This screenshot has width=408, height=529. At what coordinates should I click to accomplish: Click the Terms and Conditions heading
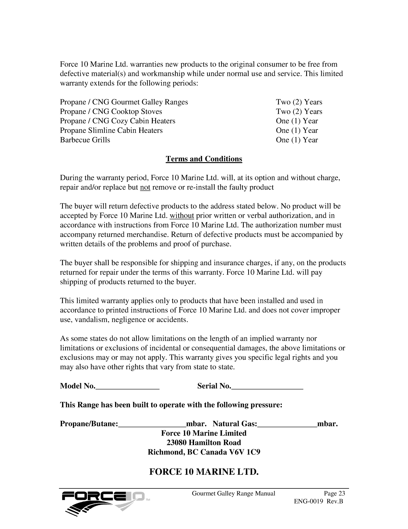204,159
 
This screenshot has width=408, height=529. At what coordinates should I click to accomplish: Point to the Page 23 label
334,494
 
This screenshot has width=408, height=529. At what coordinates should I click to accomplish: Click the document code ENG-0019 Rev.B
319,502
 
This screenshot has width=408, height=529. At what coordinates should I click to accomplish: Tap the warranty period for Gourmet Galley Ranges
299,102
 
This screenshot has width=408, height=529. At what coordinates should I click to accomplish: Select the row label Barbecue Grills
85,140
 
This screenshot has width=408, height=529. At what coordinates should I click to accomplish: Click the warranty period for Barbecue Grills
297,140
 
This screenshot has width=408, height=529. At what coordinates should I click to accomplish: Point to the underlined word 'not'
145,187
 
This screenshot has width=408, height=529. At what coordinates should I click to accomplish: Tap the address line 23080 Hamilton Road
204,442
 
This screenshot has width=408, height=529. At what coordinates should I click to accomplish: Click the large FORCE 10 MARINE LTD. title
204,472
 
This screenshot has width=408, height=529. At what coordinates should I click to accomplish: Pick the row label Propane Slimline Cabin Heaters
111,131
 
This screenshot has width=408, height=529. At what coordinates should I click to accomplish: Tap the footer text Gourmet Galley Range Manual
233,494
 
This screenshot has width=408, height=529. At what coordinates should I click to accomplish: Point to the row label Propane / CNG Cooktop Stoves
111,112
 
